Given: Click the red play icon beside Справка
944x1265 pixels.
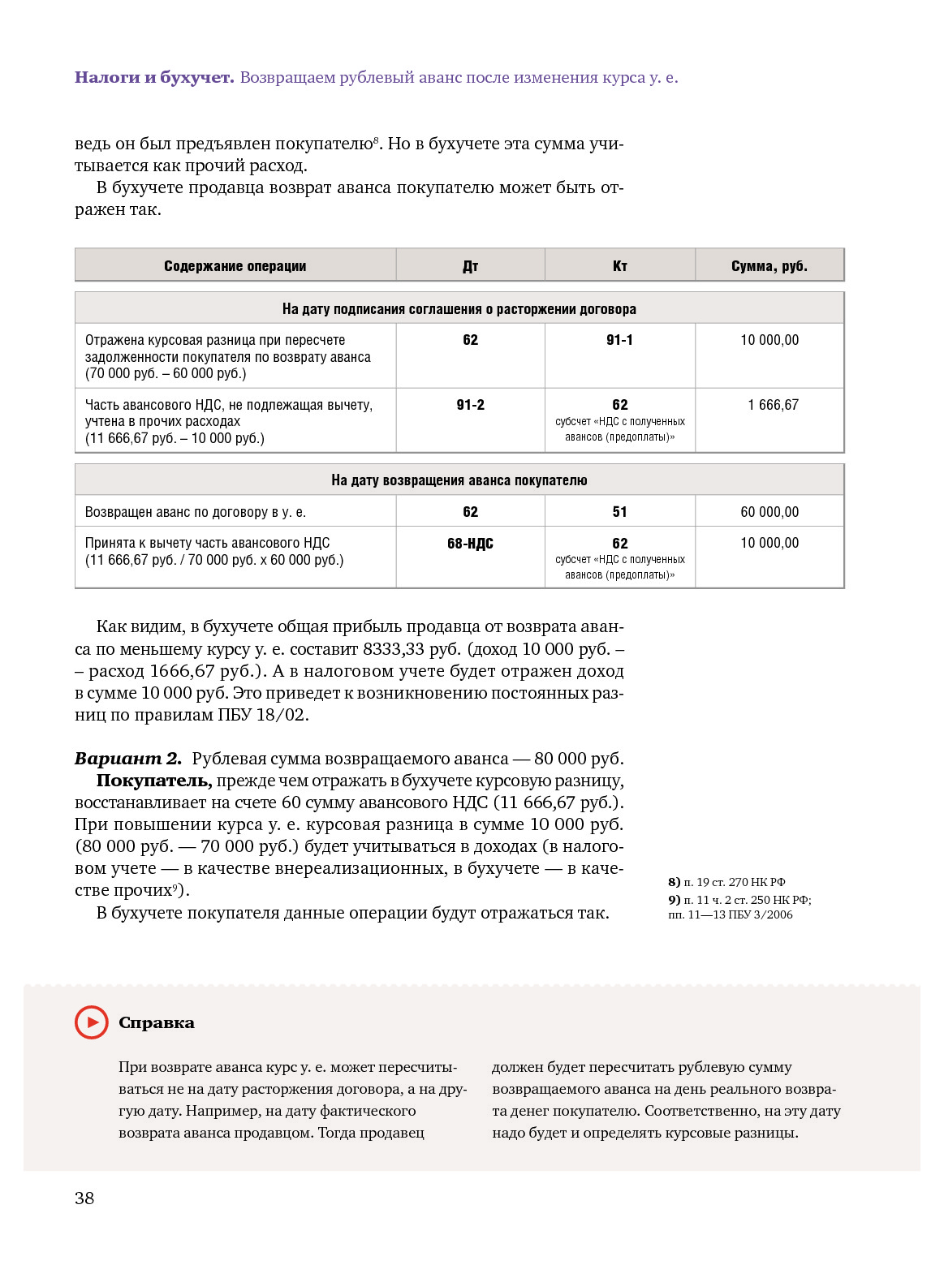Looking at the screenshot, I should (x=91, y=1022).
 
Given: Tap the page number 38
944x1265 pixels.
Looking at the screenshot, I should (x=84, y=1198).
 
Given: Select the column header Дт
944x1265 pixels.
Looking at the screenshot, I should (x=470, y=266).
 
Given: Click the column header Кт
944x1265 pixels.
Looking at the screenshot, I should (x=619, y=266).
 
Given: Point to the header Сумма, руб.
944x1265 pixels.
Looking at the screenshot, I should (x=769, y=266).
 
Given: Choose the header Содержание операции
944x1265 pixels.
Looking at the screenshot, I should (x=235, y=266).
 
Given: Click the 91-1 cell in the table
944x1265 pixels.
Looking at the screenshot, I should (x=619, y=340).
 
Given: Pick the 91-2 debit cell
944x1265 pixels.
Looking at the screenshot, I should (x=470, y=405).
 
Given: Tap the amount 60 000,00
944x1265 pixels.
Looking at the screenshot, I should (x=769, y=512).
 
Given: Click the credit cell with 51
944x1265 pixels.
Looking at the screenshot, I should (x=619, y=512).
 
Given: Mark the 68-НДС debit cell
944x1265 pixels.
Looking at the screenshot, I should (x=470, y=544).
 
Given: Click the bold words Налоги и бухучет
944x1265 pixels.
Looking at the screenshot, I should (x=154, y=78).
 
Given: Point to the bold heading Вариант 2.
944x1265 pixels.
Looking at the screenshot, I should (x=128, y=759).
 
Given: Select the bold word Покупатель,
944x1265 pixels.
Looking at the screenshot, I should (x=154, y=781).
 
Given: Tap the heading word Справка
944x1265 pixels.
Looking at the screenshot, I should (x=157, y=1023).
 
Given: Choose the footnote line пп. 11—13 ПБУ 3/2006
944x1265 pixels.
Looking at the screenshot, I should (x=731, y=914).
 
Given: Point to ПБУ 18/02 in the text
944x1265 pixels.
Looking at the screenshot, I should (x=263, y=715).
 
